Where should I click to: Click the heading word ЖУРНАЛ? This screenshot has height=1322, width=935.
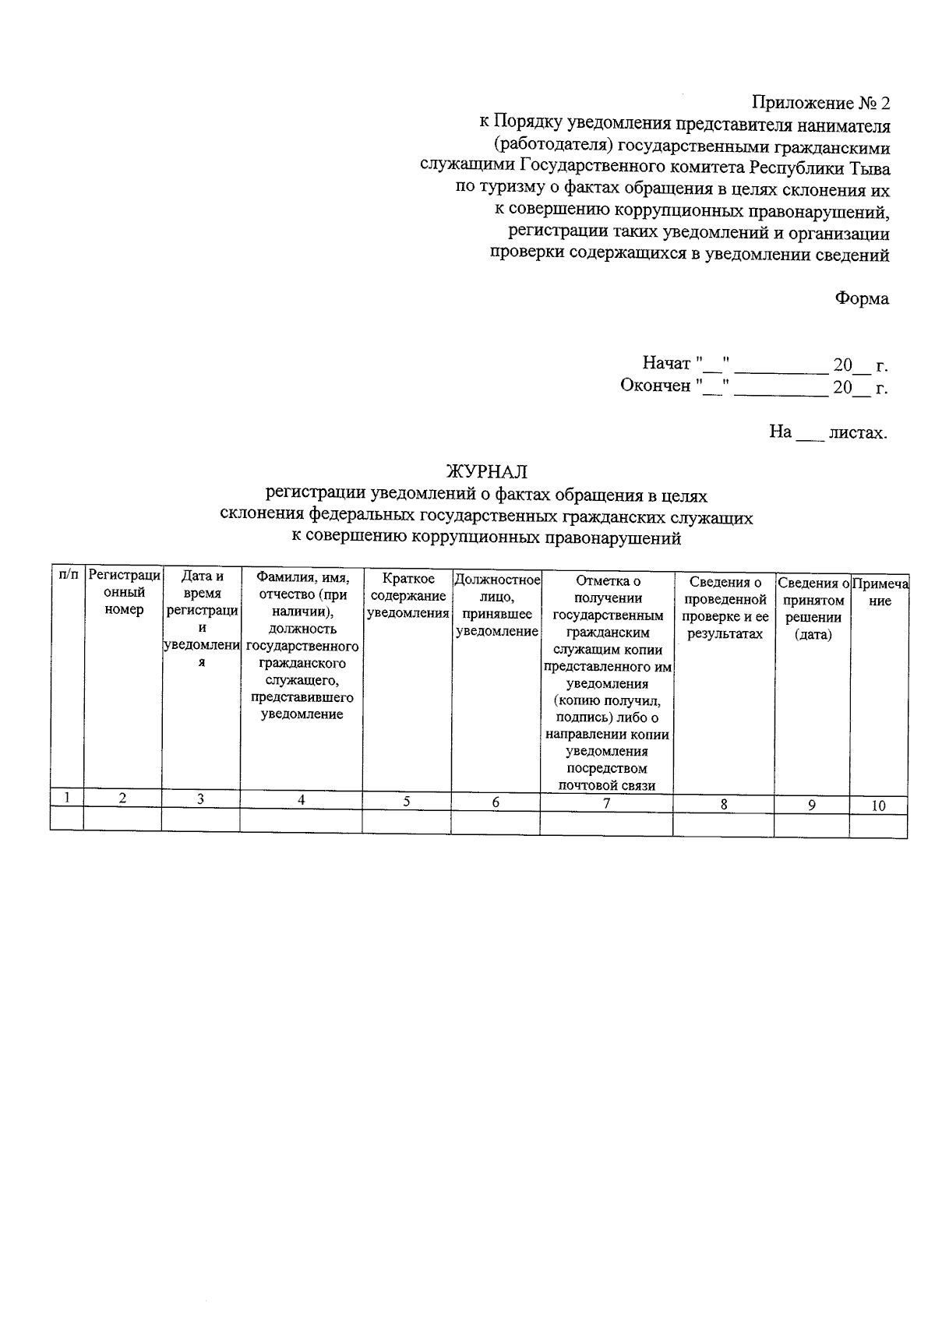tap(486, 471)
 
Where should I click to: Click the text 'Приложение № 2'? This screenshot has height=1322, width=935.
tap(820, 103)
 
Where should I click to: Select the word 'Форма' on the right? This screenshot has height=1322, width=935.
tap(861, 299)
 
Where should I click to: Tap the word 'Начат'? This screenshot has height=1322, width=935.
tap(666, 364)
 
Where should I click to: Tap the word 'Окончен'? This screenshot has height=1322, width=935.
tap(655, 386)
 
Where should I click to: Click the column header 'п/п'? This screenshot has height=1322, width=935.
tap(68, 576)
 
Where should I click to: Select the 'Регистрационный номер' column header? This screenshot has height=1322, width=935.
tap(124, 592)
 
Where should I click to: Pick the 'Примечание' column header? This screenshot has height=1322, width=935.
tap(880, 592)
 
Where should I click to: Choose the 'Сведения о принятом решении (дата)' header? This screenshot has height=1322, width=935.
tap(813, 608)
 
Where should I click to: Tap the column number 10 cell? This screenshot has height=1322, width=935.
tap(878, 806)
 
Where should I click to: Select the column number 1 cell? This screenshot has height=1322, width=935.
tap(68, 798)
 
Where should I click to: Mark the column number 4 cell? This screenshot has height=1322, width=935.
tap(301, 800)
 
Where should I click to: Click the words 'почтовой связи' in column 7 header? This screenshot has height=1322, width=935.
tap(607, 785)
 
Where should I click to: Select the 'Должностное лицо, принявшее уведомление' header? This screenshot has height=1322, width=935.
tap(496, 605)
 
